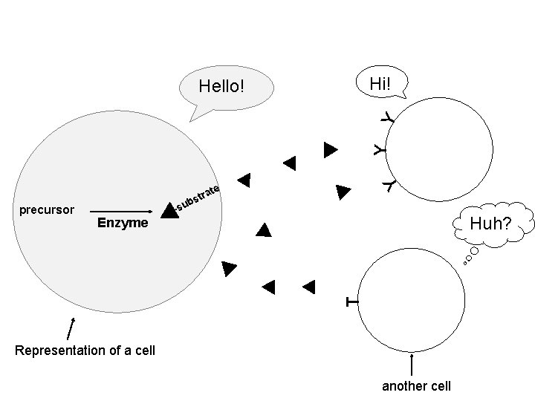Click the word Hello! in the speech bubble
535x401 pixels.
(221, 87)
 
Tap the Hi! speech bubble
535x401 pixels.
(380, 82)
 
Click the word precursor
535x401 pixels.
(46, 210)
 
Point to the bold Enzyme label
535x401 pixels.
(123, 223)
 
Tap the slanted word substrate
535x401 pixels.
(198, 196)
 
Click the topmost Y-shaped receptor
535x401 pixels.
(387, 117)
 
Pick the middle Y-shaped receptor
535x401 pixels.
(380, 149)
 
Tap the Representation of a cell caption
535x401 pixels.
(85, 350)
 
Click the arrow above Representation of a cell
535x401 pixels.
(71, 328)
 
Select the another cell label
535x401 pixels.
(416, 386)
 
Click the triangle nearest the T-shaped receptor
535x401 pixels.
(308, 284)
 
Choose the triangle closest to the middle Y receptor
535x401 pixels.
(330, 149)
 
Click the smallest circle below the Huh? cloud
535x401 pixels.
(465, 262)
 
